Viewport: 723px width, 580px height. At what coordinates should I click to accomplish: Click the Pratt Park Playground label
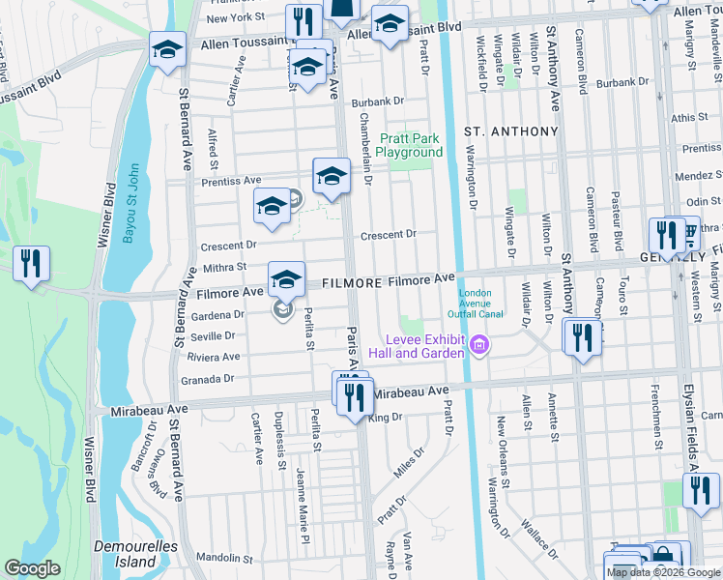(x=409, y=146)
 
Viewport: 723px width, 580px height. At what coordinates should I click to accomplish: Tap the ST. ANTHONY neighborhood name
(x=511, y=130)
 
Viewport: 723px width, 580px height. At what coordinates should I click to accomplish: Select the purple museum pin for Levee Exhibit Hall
(x=477, y=344)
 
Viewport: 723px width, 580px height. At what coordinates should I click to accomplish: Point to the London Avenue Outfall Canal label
(x=475, y=303)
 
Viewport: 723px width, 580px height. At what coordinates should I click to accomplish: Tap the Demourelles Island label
(x=125, y=554)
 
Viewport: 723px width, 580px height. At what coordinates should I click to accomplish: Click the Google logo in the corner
(x=32, y=568)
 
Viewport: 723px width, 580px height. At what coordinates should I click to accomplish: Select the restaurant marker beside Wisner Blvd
(x=31, y=264)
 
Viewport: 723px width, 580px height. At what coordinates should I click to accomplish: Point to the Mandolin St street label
(x=224, y=558)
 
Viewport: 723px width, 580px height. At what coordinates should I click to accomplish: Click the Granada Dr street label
(x=216, y=378)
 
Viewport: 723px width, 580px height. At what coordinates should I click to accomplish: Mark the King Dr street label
(x=385, y=418)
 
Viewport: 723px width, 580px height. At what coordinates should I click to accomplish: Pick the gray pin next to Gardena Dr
(x=282, y=311)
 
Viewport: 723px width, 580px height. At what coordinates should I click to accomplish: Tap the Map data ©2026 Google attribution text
(x=663, y=572)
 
